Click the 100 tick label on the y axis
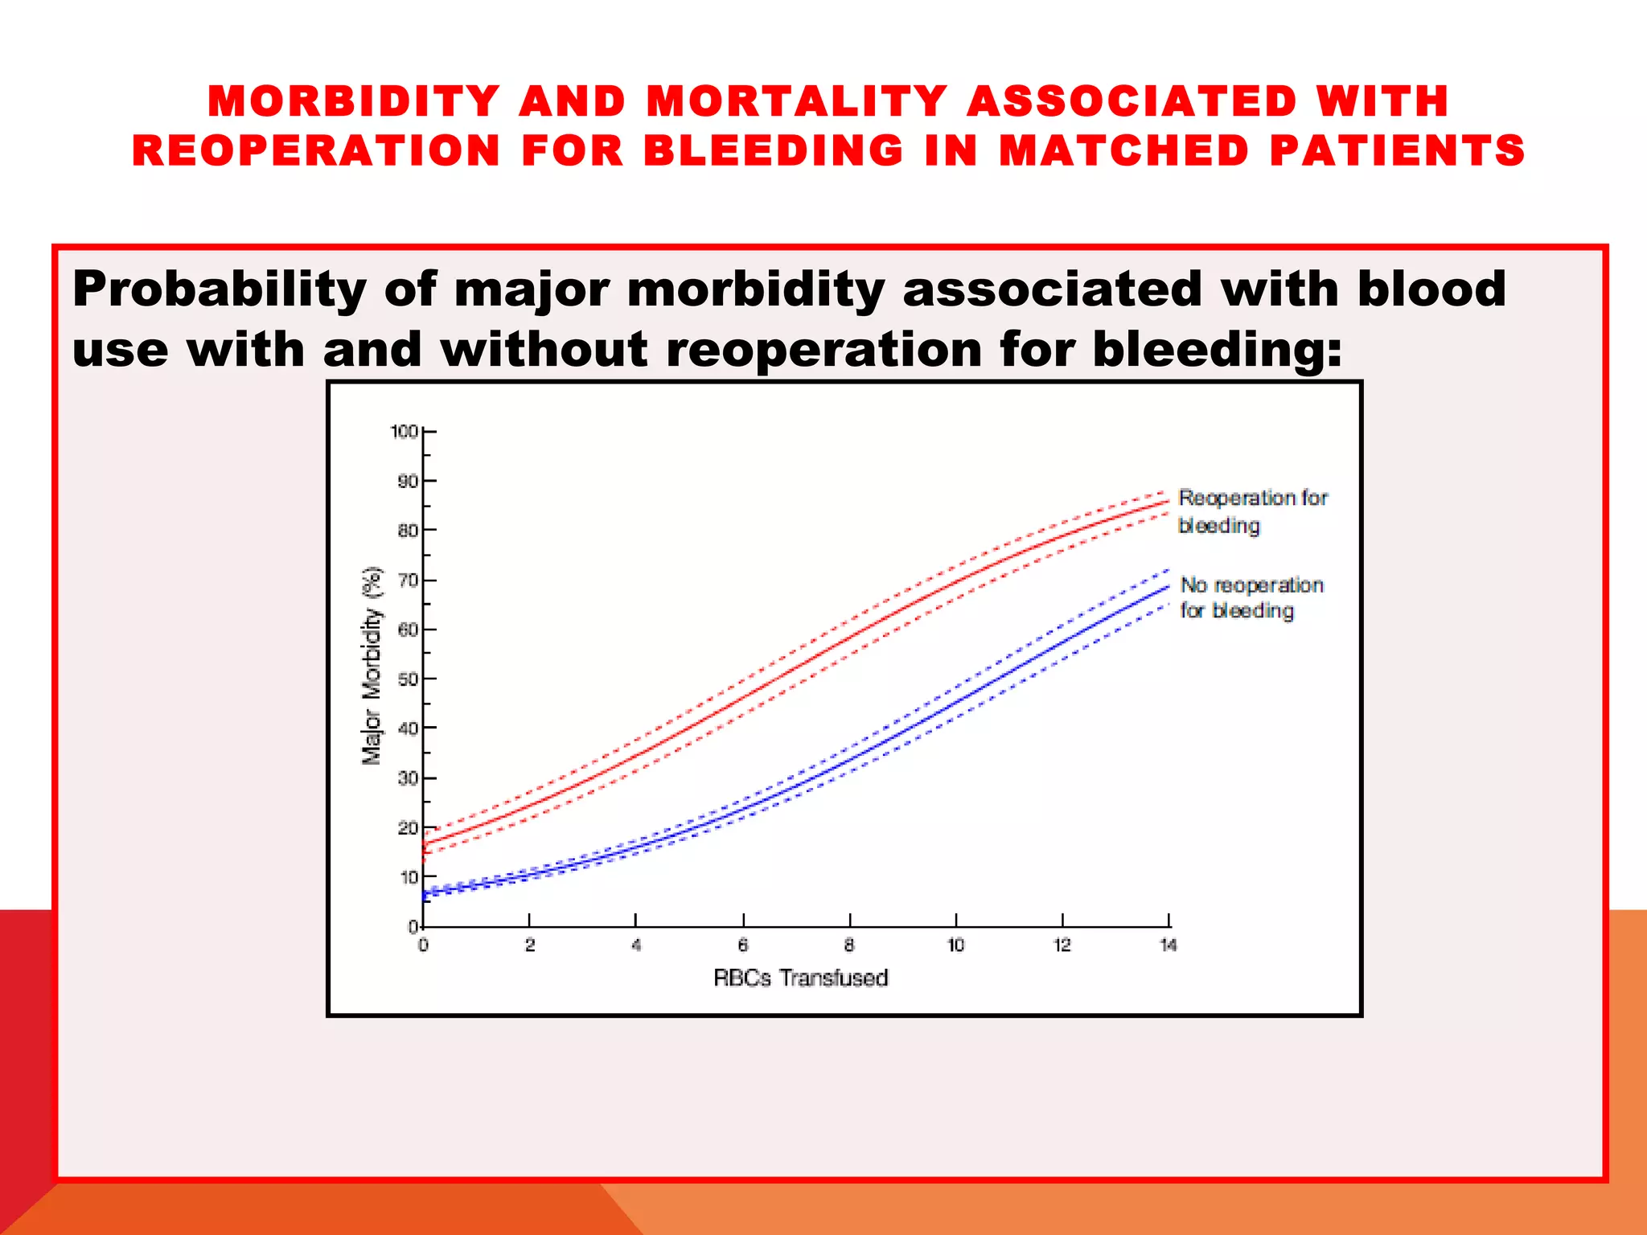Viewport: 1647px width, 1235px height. (x=404, y=432)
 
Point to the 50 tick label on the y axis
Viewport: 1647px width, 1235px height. (x=408, y=679)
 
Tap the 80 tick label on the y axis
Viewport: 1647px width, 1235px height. (x=408, y=531)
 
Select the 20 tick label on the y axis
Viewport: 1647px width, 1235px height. (x=408, y=828)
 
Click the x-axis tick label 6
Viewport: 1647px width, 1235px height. (x=743, y=946)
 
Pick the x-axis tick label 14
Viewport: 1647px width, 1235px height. (x=1168, y=946)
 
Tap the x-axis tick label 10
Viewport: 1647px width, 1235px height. (x=955, y=946)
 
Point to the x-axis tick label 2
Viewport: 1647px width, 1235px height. (x=530, y=946)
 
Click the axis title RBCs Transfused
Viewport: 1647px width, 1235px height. (x=801, y=979)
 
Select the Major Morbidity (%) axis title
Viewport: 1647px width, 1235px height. (x=372, y=666)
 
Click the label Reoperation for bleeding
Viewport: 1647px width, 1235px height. (x=1252, y=511)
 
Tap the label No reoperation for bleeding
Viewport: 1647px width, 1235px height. (x=1251, y=597)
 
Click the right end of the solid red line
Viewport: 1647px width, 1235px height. (x=1169, y=501)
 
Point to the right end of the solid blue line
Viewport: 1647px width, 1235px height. (x=1169, y=587)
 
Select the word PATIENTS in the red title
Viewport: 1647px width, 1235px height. (x=1397, y=151)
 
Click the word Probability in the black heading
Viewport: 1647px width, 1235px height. (x=220, y=289)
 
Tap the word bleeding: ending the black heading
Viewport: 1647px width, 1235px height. (x=1217, y=350)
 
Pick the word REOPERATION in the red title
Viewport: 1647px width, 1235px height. (x=317, y=151)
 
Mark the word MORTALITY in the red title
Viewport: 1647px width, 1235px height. (x=797, y=102)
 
